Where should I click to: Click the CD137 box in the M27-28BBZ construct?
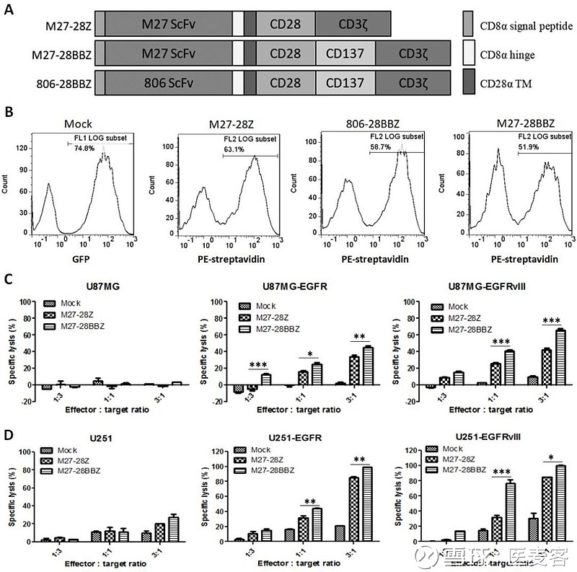pos(345,53)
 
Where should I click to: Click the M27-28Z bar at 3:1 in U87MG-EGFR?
pos(354,370)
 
